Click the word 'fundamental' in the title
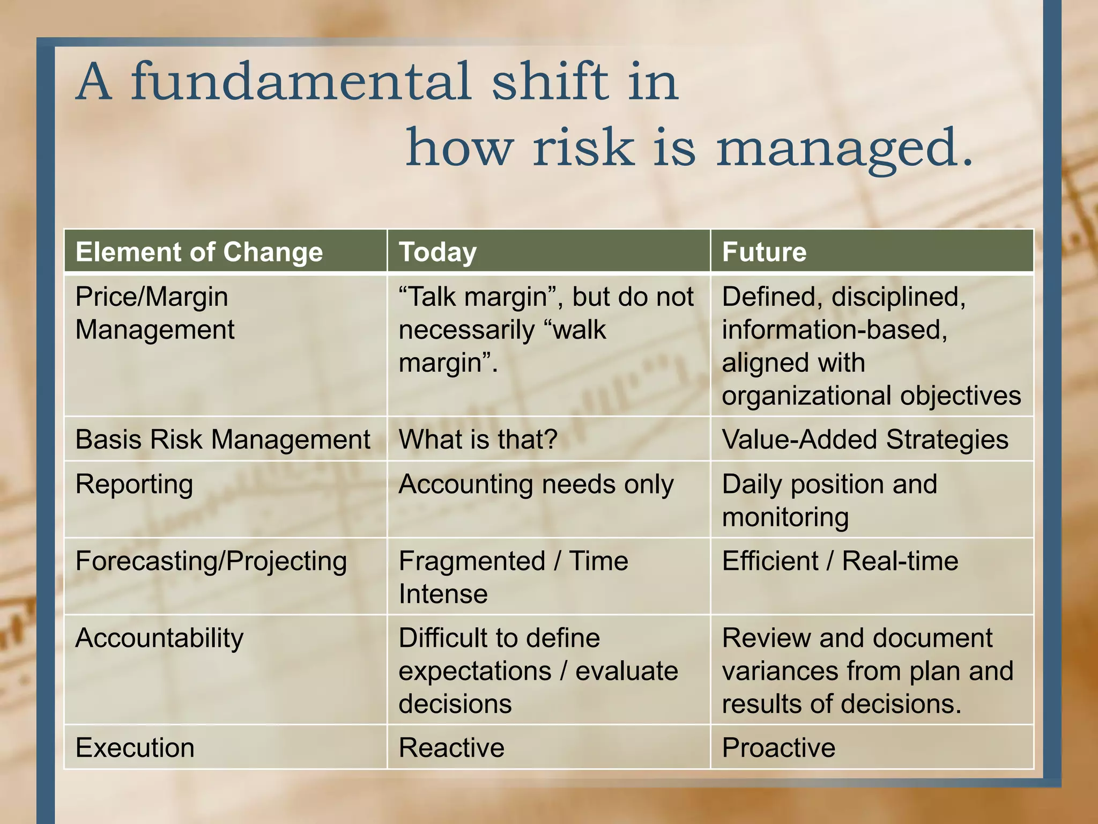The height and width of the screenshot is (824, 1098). point(302,82)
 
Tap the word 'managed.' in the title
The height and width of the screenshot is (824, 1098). point(844,148)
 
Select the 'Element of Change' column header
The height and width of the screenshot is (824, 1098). point(199,252)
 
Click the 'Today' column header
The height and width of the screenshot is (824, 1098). point(437,252)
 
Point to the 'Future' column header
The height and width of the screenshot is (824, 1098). point(764,252)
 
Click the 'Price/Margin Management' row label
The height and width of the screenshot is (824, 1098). point(154,313)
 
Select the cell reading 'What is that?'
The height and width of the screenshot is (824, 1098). point(478,439)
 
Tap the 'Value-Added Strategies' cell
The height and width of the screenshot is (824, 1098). point(865,439)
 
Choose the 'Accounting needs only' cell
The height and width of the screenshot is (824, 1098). point(536,484)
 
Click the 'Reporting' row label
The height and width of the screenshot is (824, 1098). point(134,484)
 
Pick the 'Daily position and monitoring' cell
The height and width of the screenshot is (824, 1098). point(829,500)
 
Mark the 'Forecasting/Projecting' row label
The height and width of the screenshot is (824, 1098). point(211,562)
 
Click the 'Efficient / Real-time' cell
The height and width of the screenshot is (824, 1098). point(840,561)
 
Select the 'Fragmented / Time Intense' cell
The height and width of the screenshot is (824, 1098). point(513,577)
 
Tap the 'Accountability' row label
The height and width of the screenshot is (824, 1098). point(159,638)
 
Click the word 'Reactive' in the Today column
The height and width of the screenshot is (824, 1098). point(451,747)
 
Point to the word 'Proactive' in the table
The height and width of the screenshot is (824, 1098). point(778,747)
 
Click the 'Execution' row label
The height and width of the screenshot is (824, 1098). point(135,747)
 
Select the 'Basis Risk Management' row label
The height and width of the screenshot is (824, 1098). point(222,439)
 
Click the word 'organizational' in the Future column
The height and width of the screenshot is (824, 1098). point(807,396)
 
